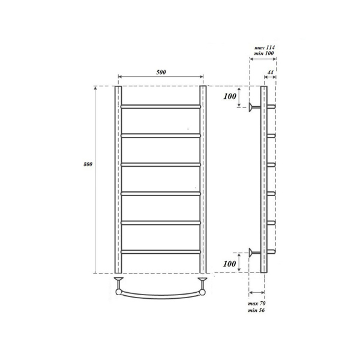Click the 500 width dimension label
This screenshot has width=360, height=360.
(161, 72)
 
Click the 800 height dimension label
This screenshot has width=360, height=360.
(88, 164)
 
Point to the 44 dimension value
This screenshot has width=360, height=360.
(270, 72)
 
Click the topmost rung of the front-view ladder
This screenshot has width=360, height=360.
(161, 107)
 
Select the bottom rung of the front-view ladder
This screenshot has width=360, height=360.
(161, 251)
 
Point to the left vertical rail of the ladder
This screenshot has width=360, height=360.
(118, 180)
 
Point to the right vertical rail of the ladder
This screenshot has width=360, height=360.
(203, 180)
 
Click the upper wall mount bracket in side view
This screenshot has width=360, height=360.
(254, 107)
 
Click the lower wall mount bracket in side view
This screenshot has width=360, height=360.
(254, 251)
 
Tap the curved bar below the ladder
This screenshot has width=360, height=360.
(161, 295)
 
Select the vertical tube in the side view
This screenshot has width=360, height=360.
(263, 180)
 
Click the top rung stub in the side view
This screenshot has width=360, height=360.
(271, 107)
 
